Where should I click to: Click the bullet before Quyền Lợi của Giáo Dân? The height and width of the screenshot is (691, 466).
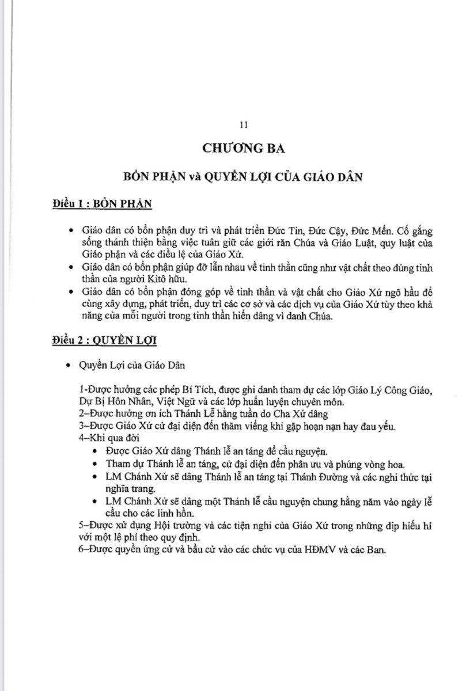tap(70, 365)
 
